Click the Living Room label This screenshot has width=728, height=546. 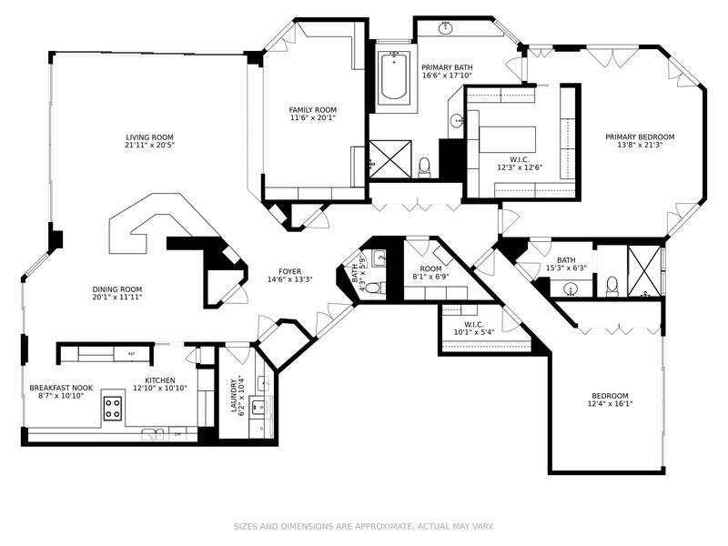click(x=150, y=137)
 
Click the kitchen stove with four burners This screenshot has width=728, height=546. click(x=113, y=408)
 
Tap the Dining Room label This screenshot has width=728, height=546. click(x=116, y=289)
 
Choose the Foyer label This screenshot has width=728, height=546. click(x=290, y=271)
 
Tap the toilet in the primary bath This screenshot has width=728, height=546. click(x=424, y=167)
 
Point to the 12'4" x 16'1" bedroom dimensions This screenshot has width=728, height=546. click(x=610, y=404)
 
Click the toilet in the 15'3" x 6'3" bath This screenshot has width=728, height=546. click(x=612, y=287)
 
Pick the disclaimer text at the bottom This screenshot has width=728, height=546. click(x=363, y=526)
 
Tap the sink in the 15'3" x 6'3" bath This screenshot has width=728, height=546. click(x=571, y=289)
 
